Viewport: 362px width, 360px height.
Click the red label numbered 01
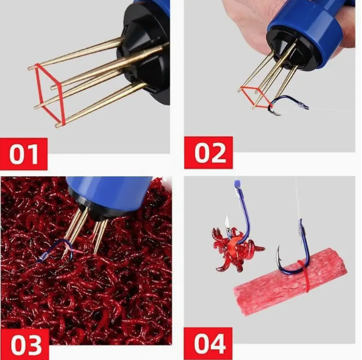pos(24,154)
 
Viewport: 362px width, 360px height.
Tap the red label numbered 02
pos(208,152)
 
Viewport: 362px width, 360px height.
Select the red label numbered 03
pos(24,345)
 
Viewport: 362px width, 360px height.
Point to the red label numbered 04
pos(208,343)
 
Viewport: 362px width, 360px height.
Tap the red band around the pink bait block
pos(304,276)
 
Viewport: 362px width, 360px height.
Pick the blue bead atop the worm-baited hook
pos(237,184)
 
